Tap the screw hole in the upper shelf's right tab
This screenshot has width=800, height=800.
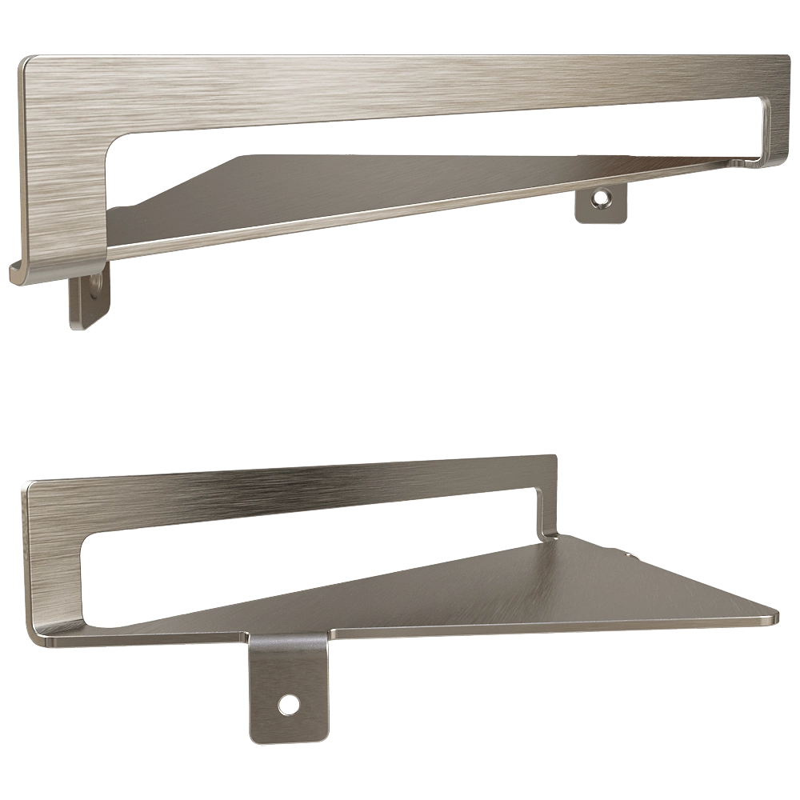pos(598,195)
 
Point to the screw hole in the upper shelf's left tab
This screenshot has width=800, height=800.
pos(97,283)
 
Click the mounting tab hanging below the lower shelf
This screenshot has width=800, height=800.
pos(288,688)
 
